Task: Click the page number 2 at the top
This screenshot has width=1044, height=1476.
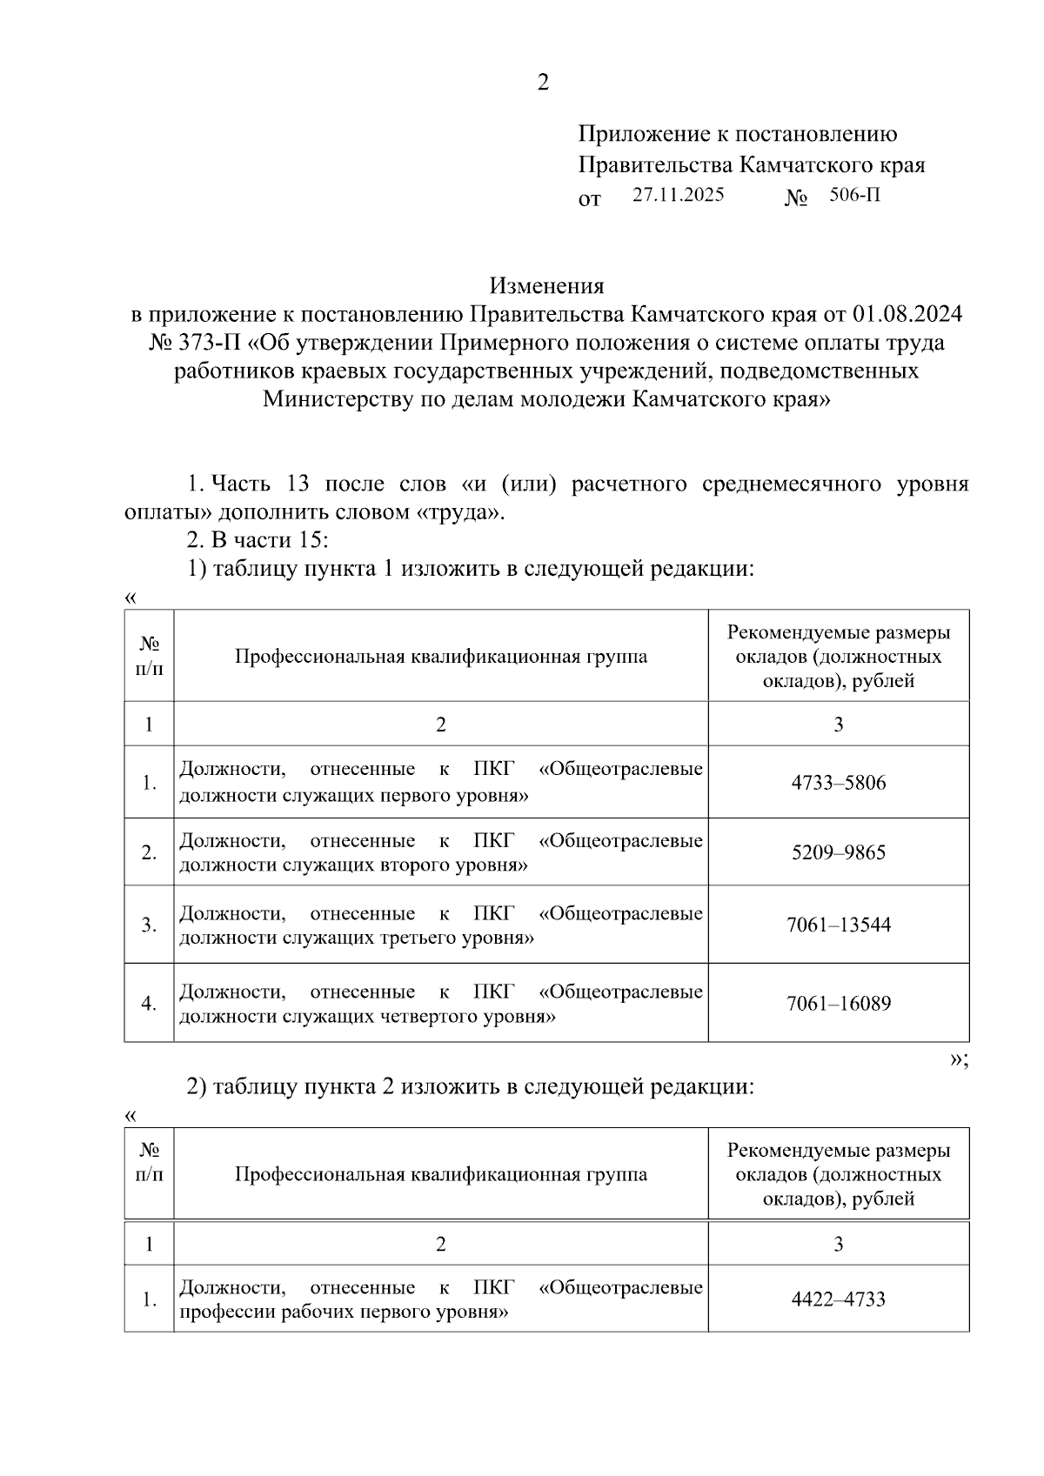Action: tap(543, 83)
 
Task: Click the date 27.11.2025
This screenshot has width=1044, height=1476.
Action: tap(678, 196)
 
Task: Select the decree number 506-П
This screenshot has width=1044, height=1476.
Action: tap(854, 196)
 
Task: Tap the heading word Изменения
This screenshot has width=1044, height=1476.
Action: tap(546, 286)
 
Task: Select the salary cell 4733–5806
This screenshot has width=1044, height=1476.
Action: tap(838, 783)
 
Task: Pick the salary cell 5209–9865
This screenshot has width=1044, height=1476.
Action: tap(838, 852)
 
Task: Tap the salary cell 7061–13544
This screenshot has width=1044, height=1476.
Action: tap(838, 925)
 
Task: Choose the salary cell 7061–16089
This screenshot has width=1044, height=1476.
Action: tap(838, 1004)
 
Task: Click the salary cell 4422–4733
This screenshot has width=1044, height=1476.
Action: tap(838, 1299)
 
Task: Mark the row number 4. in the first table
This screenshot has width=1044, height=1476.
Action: tap(150, 1004)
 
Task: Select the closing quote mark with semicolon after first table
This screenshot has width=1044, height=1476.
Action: tap(959, 1059)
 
